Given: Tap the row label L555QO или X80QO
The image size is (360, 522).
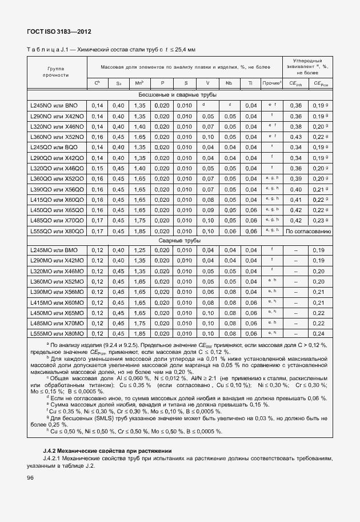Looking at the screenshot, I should coord(57,231).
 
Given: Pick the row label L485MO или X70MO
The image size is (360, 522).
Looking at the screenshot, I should coord(57,323).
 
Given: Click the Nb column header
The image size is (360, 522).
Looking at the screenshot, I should coord(229,83).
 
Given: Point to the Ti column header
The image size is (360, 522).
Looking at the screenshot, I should coord(250,83).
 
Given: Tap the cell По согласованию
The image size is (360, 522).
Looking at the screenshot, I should coord(308,231).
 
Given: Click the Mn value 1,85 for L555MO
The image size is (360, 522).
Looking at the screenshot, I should coord(139,333).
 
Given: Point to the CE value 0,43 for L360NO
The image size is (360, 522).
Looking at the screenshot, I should coord(295,137).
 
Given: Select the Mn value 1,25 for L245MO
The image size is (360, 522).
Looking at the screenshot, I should coord(139,250).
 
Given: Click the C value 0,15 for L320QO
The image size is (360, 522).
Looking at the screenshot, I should coord(97,169).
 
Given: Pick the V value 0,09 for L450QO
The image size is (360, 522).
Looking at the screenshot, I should coord(207,210).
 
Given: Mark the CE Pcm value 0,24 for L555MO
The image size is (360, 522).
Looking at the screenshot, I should coord(319,333).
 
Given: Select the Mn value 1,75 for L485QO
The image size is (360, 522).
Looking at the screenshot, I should coord(139,220).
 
